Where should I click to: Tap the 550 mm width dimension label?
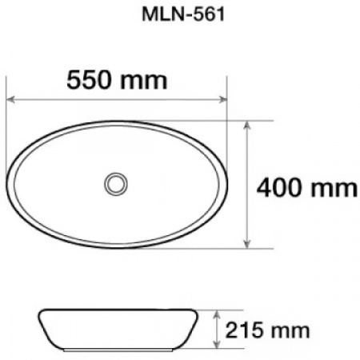(x=117, y=80)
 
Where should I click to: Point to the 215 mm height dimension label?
(x=269, y=330)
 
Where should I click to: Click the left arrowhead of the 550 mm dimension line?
(x=11, y=100)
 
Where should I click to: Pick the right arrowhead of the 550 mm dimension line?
(x=225, y=100)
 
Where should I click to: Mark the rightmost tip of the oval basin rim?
(x=228, y=183)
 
